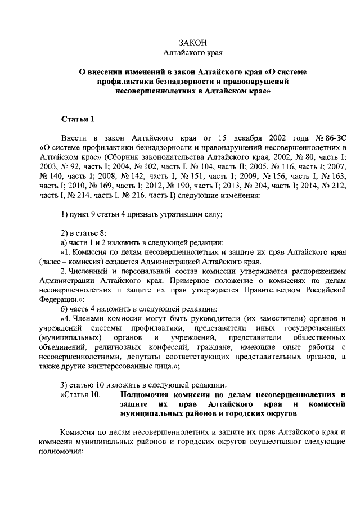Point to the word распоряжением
[316, 271]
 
